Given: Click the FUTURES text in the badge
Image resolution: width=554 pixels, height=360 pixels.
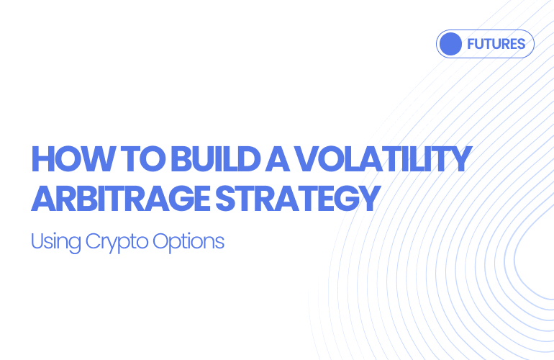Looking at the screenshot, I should click(496, 44).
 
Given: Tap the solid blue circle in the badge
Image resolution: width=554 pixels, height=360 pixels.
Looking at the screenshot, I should click(450, 44).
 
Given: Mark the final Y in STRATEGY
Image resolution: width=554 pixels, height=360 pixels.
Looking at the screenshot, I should click(368, 198).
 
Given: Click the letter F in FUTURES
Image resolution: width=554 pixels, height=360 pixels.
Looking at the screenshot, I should click(471, 44).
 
